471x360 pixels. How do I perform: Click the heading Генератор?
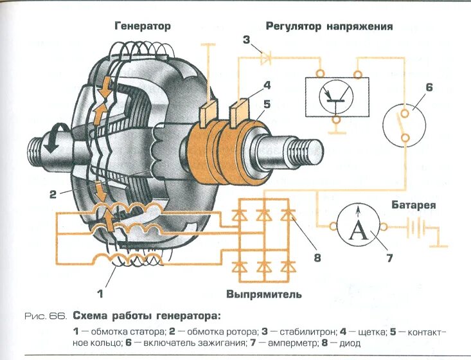143,26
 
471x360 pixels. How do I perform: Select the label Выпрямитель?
263,294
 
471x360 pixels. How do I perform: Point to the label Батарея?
414,206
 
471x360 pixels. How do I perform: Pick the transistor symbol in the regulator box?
335,95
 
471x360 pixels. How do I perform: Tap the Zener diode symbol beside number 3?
265,59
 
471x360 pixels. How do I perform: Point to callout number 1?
100,294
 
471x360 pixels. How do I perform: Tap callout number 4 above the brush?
266,84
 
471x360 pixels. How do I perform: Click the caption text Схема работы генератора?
146,316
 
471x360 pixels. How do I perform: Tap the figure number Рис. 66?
45,316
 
